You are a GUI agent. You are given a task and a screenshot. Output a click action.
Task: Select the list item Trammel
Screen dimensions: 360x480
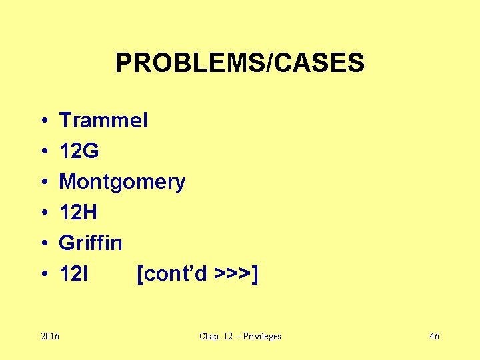coord(103,121)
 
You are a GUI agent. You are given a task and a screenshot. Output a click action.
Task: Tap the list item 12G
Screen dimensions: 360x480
coord(79,151)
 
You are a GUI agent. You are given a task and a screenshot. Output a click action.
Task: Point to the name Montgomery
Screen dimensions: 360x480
coord(122,182)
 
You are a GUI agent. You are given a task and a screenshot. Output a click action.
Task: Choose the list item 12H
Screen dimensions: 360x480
coord(78,213)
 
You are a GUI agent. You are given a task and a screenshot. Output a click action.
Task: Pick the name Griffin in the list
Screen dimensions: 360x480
coord(91,243)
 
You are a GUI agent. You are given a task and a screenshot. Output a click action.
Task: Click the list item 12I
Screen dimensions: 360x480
coord(75,273)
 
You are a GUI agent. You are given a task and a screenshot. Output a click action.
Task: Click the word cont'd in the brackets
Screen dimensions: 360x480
coord(175,273)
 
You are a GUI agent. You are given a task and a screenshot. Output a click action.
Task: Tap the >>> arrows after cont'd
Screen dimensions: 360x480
coord(233,273)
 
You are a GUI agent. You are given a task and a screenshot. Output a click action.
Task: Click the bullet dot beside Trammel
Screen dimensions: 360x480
coord(42,121)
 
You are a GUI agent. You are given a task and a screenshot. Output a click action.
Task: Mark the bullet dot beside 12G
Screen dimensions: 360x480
coord(42,152)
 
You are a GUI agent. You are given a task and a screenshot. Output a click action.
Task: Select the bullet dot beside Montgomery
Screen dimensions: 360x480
coord(42,183)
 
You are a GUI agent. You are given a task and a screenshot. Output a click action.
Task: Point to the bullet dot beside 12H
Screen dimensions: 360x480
coord(42,213)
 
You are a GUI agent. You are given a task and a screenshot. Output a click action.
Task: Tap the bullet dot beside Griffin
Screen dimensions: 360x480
coord(42,243)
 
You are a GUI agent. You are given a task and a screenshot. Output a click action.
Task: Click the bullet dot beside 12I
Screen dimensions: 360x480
coord(42,274)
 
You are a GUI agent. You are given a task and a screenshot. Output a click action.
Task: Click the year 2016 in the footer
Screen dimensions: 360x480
coord(49,336)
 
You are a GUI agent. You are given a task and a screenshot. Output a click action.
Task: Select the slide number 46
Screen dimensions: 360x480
coord(434,336)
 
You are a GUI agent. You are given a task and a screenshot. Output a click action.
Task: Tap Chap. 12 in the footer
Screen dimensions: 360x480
coord(214,336)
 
